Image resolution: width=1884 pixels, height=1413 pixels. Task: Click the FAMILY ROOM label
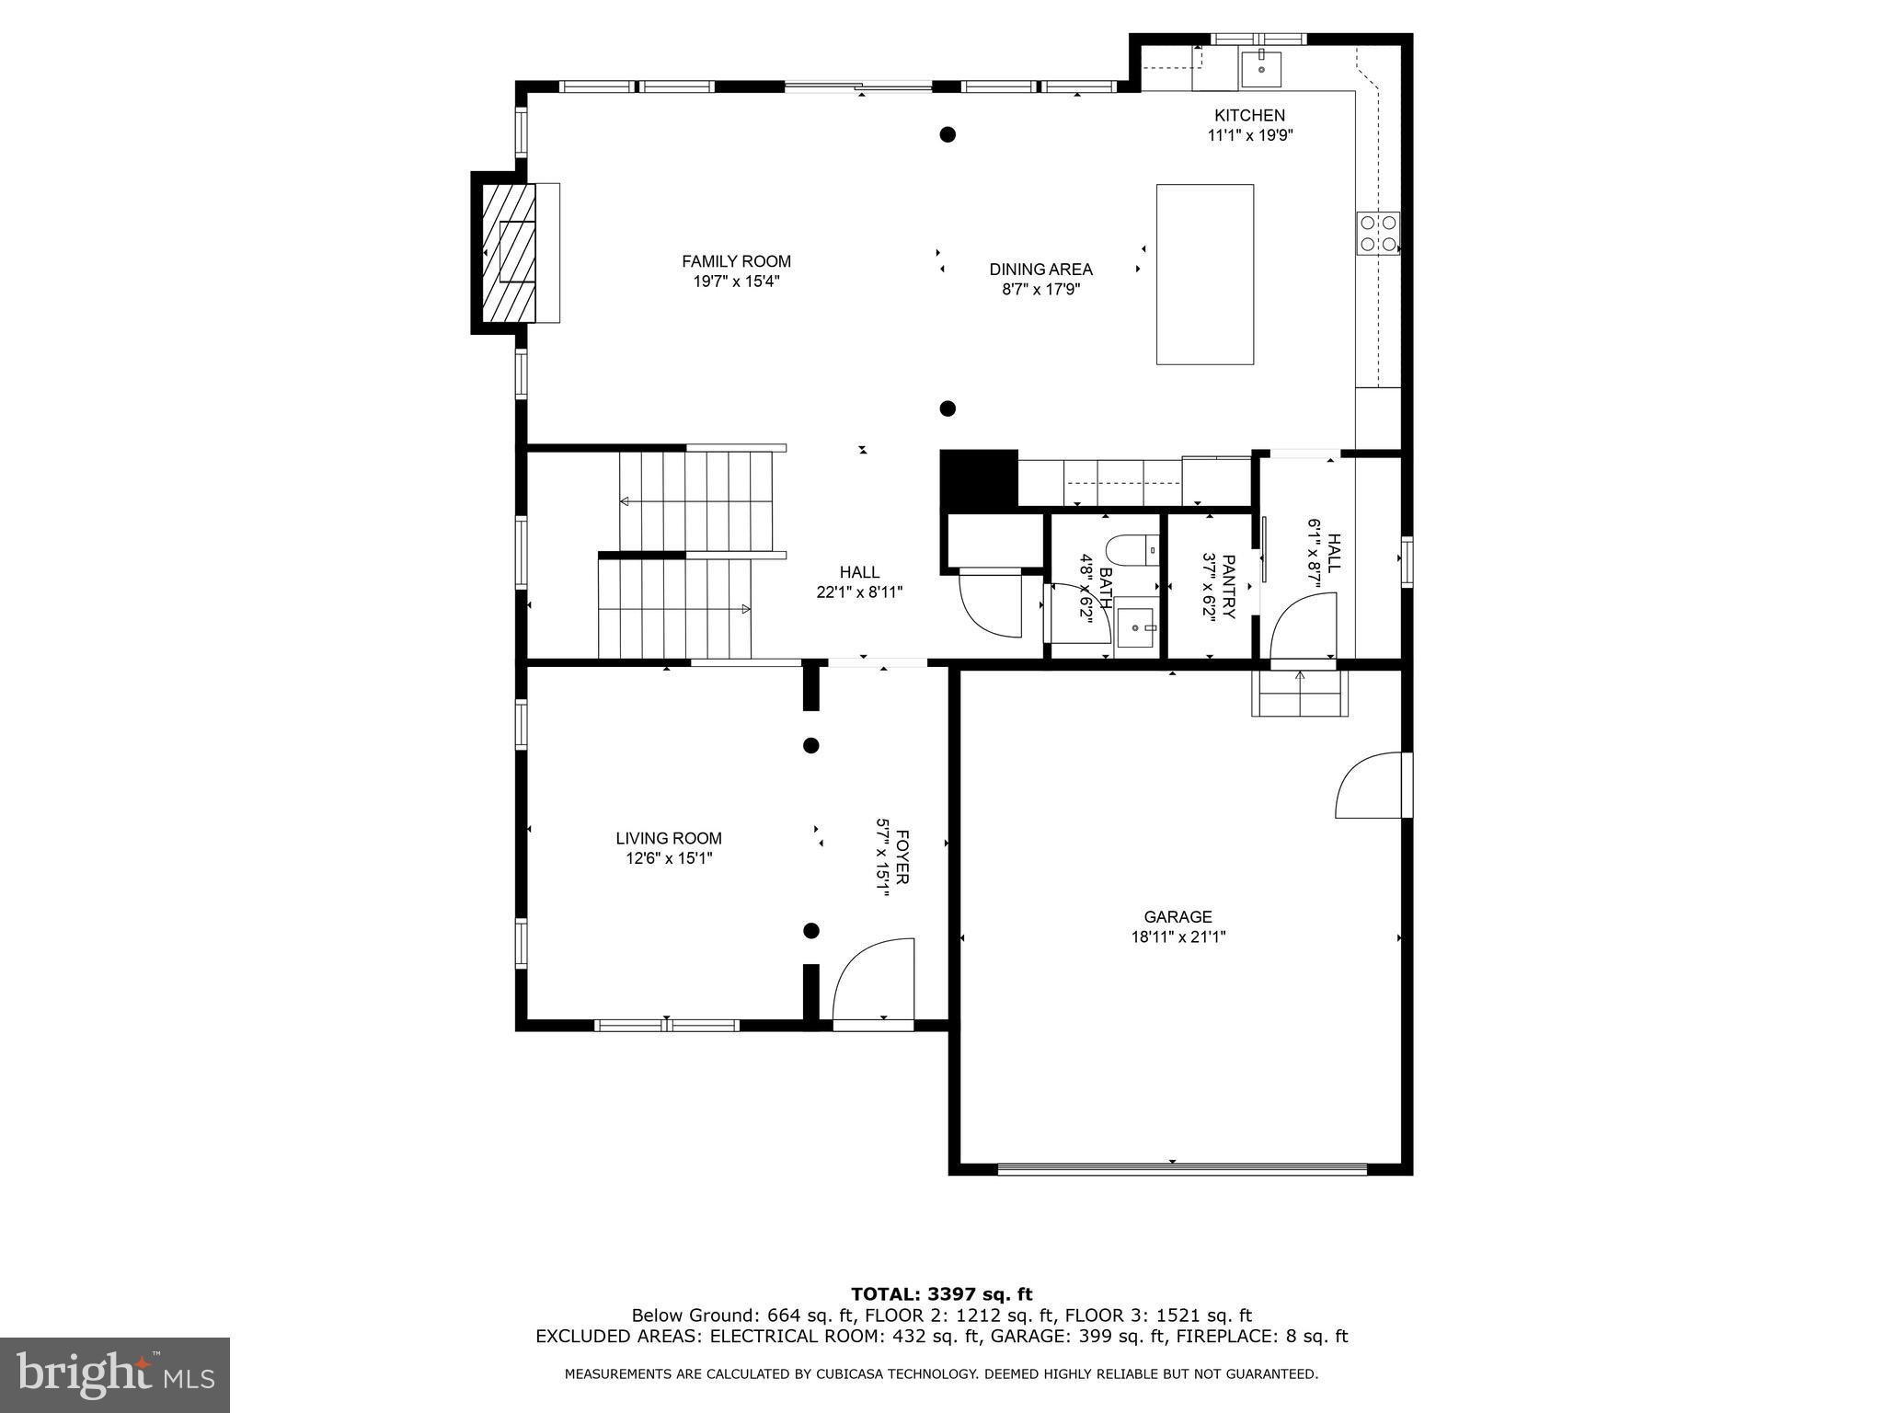pyautogui.click(x=736, y=261)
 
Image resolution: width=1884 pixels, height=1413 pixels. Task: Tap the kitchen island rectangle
pyautogui.click(x=1204, y=274)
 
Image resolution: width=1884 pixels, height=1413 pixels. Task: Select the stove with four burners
pyautogui.click(x=1378, y=233)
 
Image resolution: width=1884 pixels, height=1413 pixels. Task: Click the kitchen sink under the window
pyautogui.click(x=1261, y=67)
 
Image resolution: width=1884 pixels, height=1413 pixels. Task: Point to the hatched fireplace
pyautogui.click(x=507, y=252)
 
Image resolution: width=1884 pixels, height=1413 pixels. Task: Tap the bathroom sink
pyautogui.click(x=1136, y=627)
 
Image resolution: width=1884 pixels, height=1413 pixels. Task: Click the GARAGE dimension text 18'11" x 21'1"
pyautogui.click(x=1177, y=937)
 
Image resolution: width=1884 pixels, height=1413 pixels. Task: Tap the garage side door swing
pyautogui.click(x=1372, y=785)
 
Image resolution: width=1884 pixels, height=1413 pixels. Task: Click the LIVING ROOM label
pyautogui.click(x=668, y=838)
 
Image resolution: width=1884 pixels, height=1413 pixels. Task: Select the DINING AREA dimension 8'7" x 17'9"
pyautogui.click(x=1040, y=289)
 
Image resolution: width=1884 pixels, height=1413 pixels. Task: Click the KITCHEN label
pyautogui.click(x=1249, y=115)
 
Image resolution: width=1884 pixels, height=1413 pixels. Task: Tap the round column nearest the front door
pyautogui.click(x=811, y=931)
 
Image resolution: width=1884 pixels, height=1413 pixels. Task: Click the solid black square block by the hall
pyautogui.click(x=978, y=478)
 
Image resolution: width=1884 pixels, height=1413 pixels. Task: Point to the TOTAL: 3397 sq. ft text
pyautogui.click(x=941, y=1295)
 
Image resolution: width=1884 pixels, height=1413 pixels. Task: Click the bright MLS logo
pyautogui.click(x=115, y=1374)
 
